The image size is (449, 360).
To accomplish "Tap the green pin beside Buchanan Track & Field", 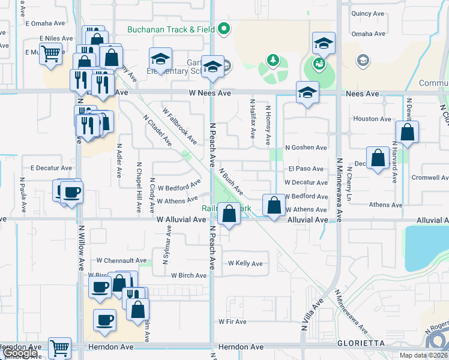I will click(224, 28).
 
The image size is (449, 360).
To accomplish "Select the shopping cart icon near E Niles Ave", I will click(52, 54).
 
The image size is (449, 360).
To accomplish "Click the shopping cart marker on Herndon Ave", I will click(59, 347).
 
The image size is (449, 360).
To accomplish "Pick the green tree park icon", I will click(273, 61).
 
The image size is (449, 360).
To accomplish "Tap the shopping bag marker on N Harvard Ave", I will click(407, 132).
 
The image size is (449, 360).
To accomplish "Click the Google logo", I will click(19, 353).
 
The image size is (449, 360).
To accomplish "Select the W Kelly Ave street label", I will click(245, 263).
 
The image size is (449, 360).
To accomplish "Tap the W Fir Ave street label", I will click(232, 322).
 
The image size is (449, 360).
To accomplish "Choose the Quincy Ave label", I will click(367, 13).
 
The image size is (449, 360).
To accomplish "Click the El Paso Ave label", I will click(306, 169).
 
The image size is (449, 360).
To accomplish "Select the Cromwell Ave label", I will click(430, 178).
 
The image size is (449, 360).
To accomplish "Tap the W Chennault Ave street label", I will click(121, 261).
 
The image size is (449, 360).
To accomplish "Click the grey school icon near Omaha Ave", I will click(363, 60).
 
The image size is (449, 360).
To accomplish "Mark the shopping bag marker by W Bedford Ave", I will click(274, 205).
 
